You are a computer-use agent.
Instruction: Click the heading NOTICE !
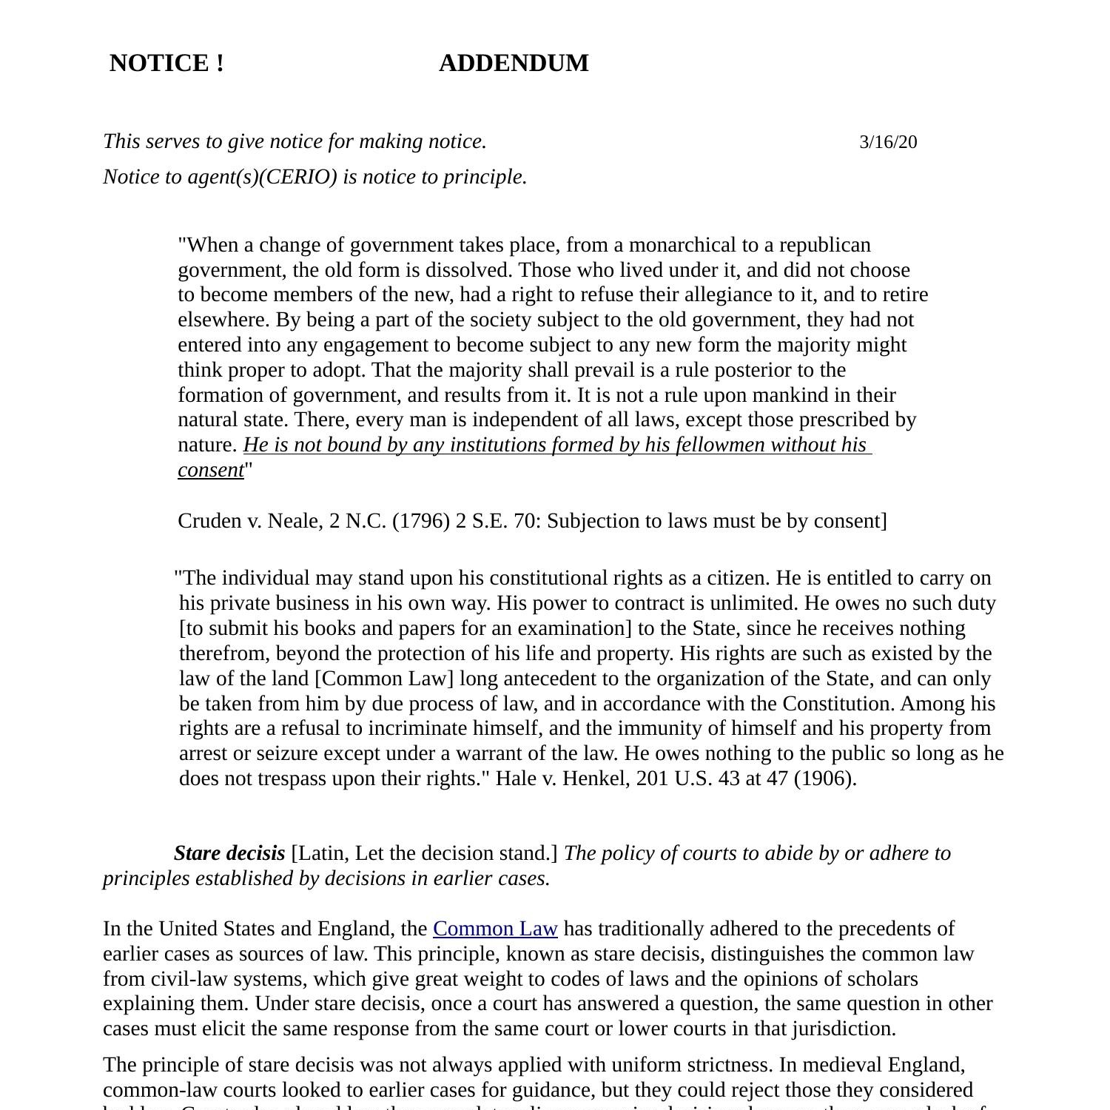(x=166, y=64)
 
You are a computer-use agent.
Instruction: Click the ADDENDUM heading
(x=514, y=64)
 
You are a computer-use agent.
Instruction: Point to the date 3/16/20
(x=888, y=142)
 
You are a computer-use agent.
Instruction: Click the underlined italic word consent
(x=211, y=470)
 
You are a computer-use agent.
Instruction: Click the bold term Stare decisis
(x=229, y=853)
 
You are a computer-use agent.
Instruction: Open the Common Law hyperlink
(x=495, y=929)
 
